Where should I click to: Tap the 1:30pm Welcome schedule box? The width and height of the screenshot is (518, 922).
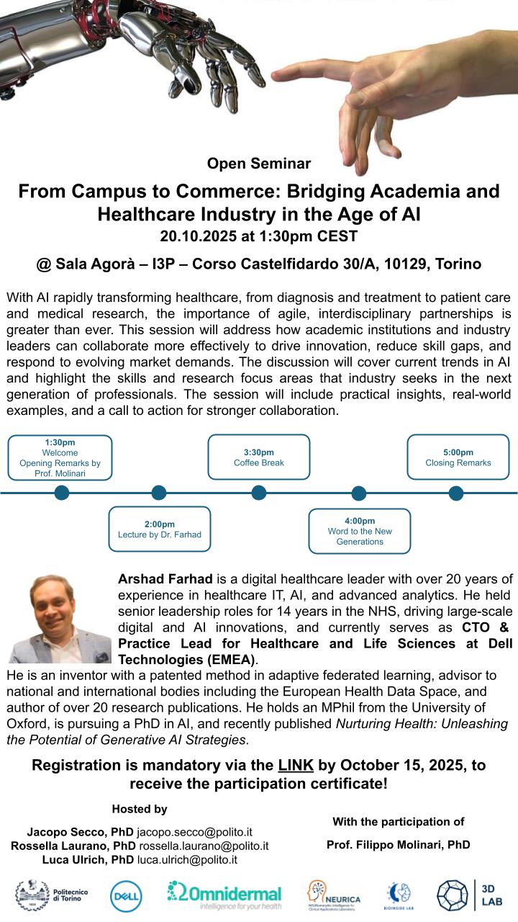click(x=60, y=457)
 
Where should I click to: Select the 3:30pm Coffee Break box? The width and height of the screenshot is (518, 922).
click(x=259, y=457)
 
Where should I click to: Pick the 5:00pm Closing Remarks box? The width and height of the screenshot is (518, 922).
click(x=458, y=457)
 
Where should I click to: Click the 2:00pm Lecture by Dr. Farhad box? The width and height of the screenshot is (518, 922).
click(x=160, y=529)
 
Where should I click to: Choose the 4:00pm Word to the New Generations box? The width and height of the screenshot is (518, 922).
click(x=360, y=531)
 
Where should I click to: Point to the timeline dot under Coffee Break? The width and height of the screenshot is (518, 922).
click(x=259, y=493)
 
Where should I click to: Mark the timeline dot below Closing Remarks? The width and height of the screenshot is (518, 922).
click(x=456, y=493)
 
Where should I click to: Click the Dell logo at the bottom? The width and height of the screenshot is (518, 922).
click(x=125, y=895)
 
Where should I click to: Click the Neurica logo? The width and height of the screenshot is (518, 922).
click(x=334, y=895)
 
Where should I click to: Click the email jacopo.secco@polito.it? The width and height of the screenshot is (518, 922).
click(x=194, y=831)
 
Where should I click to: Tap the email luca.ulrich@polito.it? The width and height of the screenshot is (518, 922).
click(x=188, y=859)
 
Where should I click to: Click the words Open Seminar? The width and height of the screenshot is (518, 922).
click(x=258, y=164)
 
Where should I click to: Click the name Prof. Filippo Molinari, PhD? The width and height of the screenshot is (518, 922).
click(x=398, y=845)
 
